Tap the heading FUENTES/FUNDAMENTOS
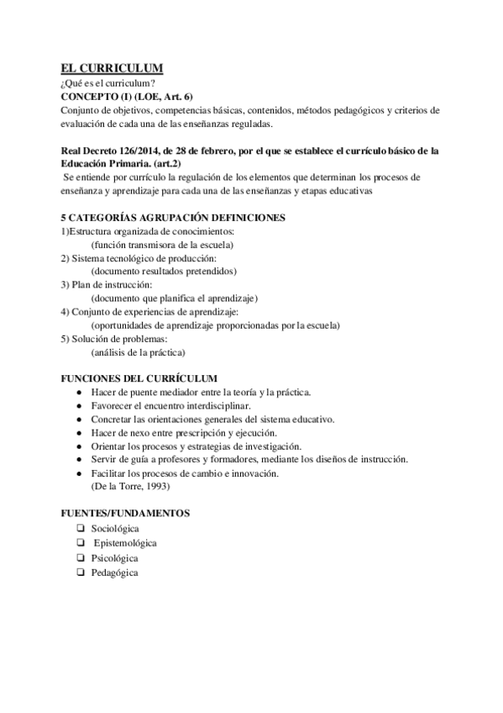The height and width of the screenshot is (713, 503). (x=125, y=512)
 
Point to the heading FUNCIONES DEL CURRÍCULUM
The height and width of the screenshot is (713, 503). (x=139, y=378)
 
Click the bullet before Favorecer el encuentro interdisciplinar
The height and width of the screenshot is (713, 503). (x=79, y=406)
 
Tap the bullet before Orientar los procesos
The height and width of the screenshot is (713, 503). (x=79, y=446)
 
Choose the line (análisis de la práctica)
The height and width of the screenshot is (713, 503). (x=138, y=352)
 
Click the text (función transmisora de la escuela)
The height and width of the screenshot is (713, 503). (x=162, y=245)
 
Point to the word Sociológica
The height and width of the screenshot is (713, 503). (x=115, y=528)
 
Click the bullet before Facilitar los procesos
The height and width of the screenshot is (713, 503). (x=79, y=473)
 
